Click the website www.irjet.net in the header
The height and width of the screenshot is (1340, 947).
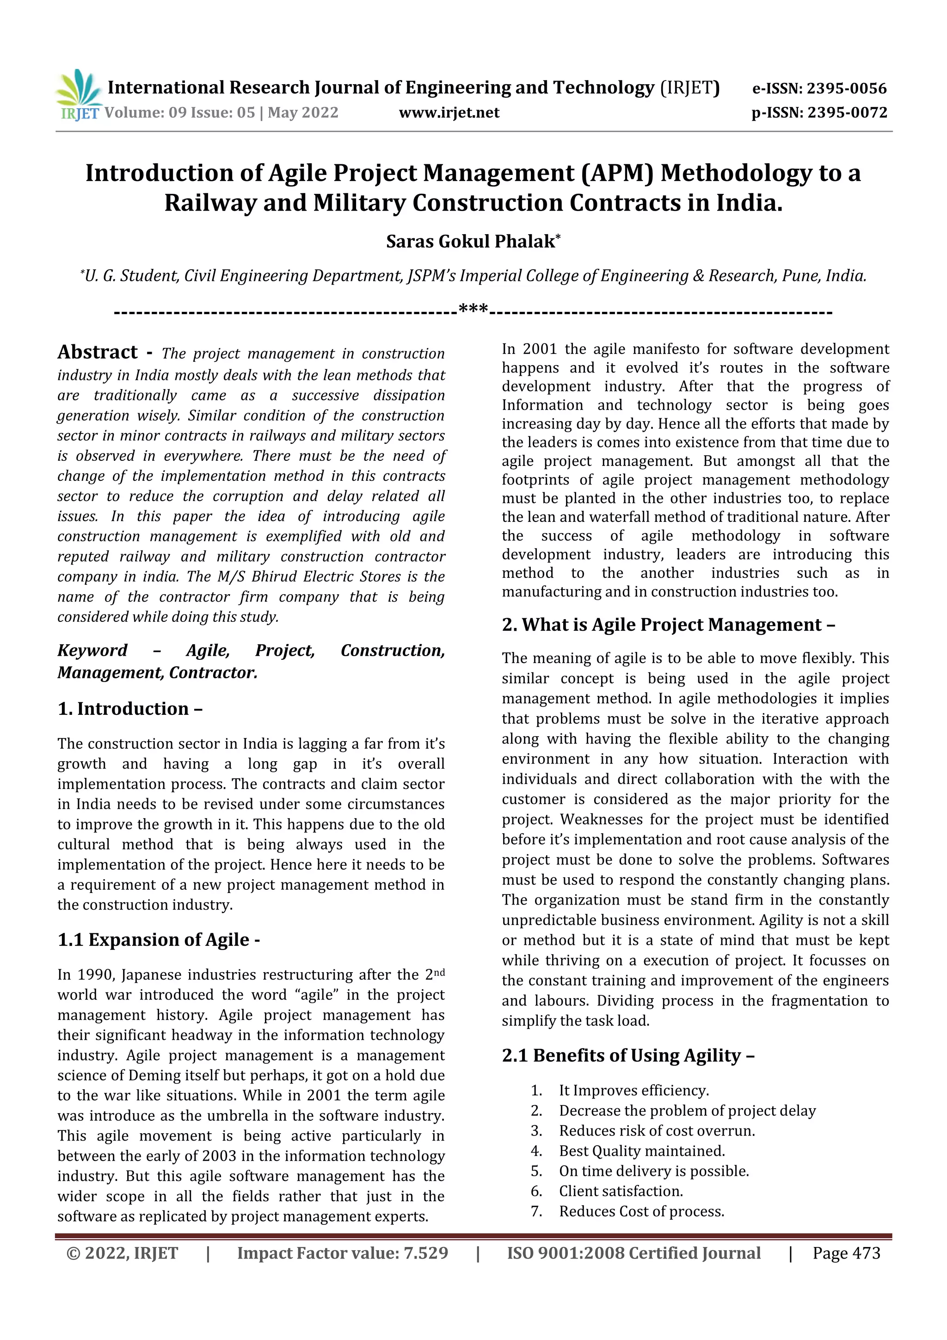(x=449, y=112)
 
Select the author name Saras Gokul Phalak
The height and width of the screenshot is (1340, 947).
(x=471, y=242)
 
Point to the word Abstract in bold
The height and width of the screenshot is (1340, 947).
(x=98, y=352)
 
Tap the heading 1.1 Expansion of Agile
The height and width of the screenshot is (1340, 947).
(x=159, y=940)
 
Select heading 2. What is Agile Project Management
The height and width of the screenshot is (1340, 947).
(x=668, y=625)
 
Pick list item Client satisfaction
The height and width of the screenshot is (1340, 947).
(x=621, y=1191)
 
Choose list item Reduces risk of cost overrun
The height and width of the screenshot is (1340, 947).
(x=657, y=1130)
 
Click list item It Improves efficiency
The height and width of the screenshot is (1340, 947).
(x=634, y=1090)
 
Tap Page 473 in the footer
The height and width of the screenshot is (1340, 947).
(x=846, y=1253)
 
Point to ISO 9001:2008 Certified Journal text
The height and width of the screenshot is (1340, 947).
(x=633, y=1253)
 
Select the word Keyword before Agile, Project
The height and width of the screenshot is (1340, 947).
(x=92, y=650)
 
